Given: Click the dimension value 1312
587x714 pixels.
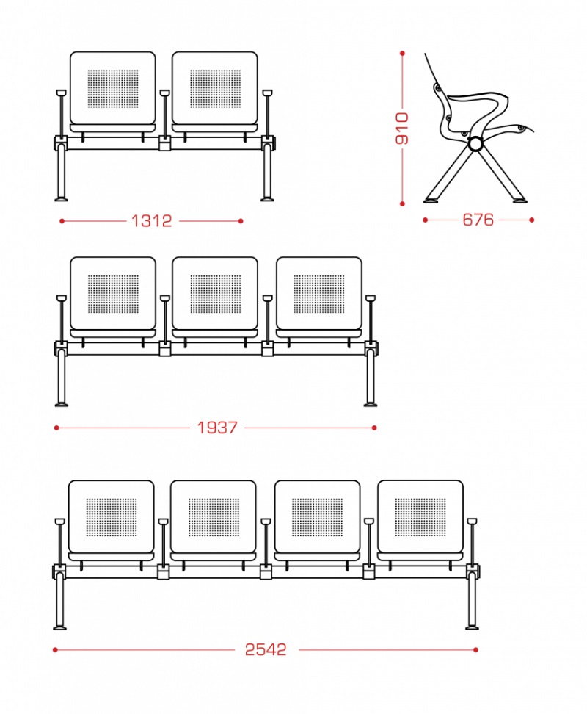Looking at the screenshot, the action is tap(151, 221).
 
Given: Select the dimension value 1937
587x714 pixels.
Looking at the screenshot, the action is tap(217, 428).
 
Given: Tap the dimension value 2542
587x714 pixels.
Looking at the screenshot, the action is tap(266, 649).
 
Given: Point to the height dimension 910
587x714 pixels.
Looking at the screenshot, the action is tap(402, 129).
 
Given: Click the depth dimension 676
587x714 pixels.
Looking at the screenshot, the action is tap(478, 220).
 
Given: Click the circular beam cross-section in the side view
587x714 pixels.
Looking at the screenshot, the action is tap(476, 145).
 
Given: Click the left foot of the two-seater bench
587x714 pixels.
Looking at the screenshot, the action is tap(62, 199).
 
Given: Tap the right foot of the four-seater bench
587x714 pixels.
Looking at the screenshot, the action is tap(472, 627).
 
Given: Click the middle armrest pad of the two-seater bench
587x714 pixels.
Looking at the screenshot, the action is tap(164, 93).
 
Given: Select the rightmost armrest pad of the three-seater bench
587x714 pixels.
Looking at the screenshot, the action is tap(371, 298).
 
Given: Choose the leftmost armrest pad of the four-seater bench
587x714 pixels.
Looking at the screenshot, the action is tap(59, 522).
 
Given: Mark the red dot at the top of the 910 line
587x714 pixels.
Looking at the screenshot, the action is tap(402, 54).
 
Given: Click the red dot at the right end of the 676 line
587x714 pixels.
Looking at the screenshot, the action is tap(531, 220).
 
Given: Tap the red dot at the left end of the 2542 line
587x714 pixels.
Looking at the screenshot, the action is tap(56, 650).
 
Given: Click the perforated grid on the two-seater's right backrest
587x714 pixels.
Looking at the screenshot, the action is tap(216, 89).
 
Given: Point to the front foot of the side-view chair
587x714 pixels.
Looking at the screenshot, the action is tap(519, 200).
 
